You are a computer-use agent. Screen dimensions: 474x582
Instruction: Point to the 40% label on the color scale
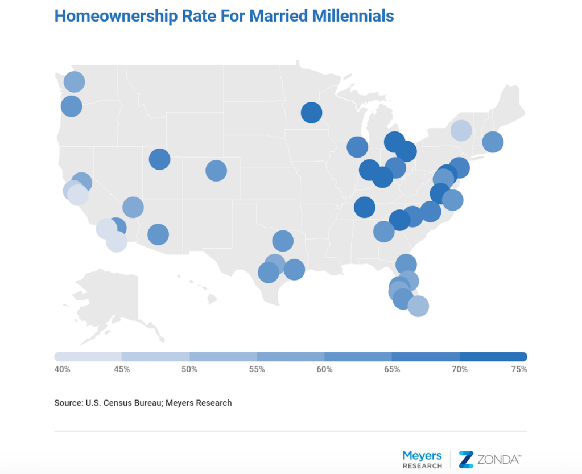pyautogui.click(x=62, y=369)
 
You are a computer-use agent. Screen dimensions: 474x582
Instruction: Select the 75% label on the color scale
pyautogui.click(x=519, y=369)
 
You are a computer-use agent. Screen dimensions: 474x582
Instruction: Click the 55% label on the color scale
pyautogui.click(x=257, y=369)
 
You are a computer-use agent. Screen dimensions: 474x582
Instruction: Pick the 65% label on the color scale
pyautogui.click(x=392, y=369)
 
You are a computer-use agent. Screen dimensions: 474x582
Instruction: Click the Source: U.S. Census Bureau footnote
pyautogui.click(x=143, y=403)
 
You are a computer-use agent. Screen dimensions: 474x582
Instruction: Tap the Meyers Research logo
pyautogui.click(x=422, y=460)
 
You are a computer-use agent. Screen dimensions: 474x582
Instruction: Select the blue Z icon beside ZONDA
pyautogui.click(x=466, y=459)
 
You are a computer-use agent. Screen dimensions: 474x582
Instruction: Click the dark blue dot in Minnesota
pyautogui.click(x=311, y=113)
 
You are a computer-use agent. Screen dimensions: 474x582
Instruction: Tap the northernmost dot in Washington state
pyautogui.click(x=74, y=82)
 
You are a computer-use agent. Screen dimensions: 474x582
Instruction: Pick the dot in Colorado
pyautogui.click(x=216, y=170)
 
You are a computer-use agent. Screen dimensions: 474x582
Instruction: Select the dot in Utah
pyautogui.click(x=160, y=159)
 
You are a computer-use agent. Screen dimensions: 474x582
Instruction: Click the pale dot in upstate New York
pyautogui.click(x=461, y=130)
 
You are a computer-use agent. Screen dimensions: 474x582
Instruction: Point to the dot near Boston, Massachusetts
pyautogui.click(x=493, y=142)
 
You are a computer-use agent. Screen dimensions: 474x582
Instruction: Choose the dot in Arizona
pyautogui.click(x=158, y=234)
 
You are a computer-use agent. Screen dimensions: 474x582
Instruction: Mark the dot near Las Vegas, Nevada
pyautogui.click(x=133, y=207)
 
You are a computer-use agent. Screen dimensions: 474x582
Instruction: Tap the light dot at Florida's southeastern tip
pyautogui.click(x=418, y=306)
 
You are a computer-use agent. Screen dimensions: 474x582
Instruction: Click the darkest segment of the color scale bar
pyautogui.click(x=493, y=357)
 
